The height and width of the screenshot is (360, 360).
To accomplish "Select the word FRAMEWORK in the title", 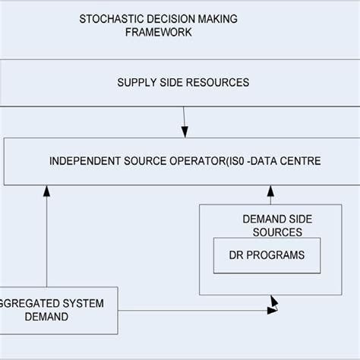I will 159,33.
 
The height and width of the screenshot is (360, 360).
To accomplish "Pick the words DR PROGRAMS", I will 266,255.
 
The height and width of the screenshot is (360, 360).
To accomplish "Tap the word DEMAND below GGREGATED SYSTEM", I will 25,317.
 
